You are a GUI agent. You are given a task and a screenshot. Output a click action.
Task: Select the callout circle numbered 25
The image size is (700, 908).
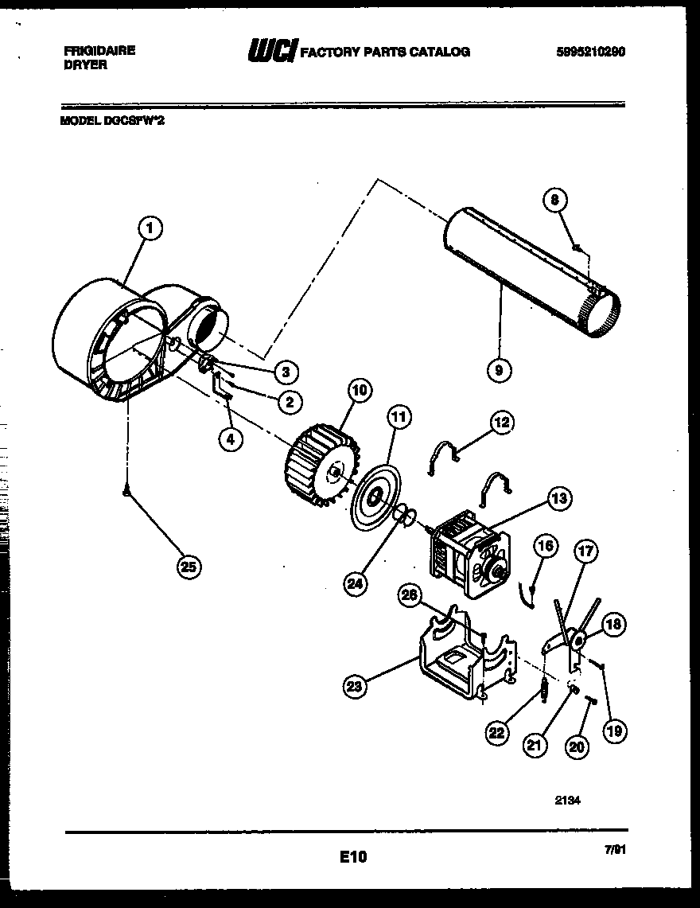coord(189,567)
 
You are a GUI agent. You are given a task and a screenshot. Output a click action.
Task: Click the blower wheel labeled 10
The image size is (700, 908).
coord(319,468)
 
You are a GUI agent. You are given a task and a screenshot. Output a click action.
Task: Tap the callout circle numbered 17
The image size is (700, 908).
coord(588,551)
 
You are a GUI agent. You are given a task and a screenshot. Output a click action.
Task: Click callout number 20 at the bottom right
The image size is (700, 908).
coord(577,746)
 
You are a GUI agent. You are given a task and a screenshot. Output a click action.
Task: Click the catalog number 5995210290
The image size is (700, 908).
coord(590,52)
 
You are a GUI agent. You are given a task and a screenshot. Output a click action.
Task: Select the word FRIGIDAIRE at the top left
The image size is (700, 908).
coord(99,50)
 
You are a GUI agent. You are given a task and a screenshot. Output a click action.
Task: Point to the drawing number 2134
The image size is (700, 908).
coord(567,802)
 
